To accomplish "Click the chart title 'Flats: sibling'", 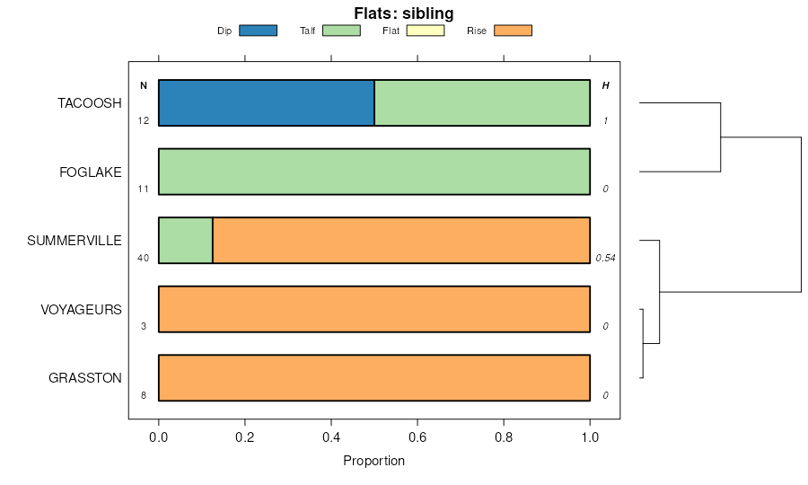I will [403, 13].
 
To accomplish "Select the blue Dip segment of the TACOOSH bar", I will [266, 103].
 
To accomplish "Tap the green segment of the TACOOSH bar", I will [482, 103].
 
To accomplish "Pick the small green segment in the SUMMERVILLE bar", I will [186, 241].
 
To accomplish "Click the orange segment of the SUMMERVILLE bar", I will [401, 241].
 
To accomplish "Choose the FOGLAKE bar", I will [374, 172].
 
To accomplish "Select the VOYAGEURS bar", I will [374, 309].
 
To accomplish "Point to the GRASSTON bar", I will [374, 378].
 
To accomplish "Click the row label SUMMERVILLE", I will [75, 241].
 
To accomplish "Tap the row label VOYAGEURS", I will [81, 309].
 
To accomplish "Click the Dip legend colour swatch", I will [258, 31].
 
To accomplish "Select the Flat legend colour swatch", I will [426, 31].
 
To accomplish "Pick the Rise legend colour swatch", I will [513, 31].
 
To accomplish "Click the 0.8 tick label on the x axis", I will [504, 437].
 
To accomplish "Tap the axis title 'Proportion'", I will [374, 461].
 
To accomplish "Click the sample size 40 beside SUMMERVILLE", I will [143, 258].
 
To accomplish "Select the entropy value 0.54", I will [605, 258].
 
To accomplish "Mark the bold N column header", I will [143, 85].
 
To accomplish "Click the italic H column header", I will [605, 85].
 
